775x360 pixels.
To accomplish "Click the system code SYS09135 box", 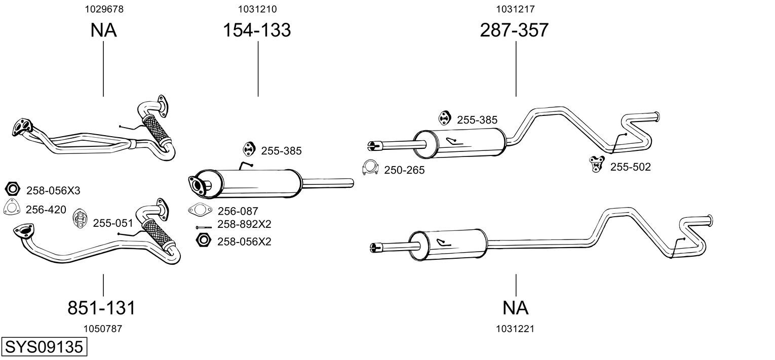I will pyautogui.click(x=44, y=347).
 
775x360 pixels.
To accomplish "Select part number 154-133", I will pyautogui.click(x=257, y=30).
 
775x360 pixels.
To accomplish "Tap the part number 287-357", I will pyautogui.click(x=514, y=30).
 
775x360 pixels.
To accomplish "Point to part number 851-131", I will pyautogui.click(x=101, y=307).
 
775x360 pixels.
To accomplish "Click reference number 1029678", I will pyautogui.click(x=103, y=9).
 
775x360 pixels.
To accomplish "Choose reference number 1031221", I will pyautogui.click(x=516, y=329).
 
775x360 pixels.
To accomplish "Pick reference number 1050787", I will pyautogui.click(x=103, y=329).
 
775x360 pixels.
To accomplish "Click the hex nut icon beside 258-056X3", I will pyautogui.click(x=12, y=189).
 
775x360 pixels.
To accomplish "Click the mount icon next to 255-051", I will pyautogui.click(x=81, y=219).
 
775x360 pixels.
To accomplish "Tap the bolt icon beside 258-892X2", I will pyautogui.click(x=205, y=227).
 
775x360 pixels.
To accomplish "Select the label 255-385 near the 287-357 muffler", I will pyautogui.click(x=477, y=120).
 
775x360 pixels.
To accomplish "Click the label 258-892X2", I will pyautogui.click(x=244, y=224).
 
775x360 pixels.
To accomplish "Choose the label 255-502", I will pyautogui.click(x=630, y=167).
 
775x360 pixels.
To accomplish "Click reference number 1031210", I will pyautogui.click(x=257, y=9).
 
